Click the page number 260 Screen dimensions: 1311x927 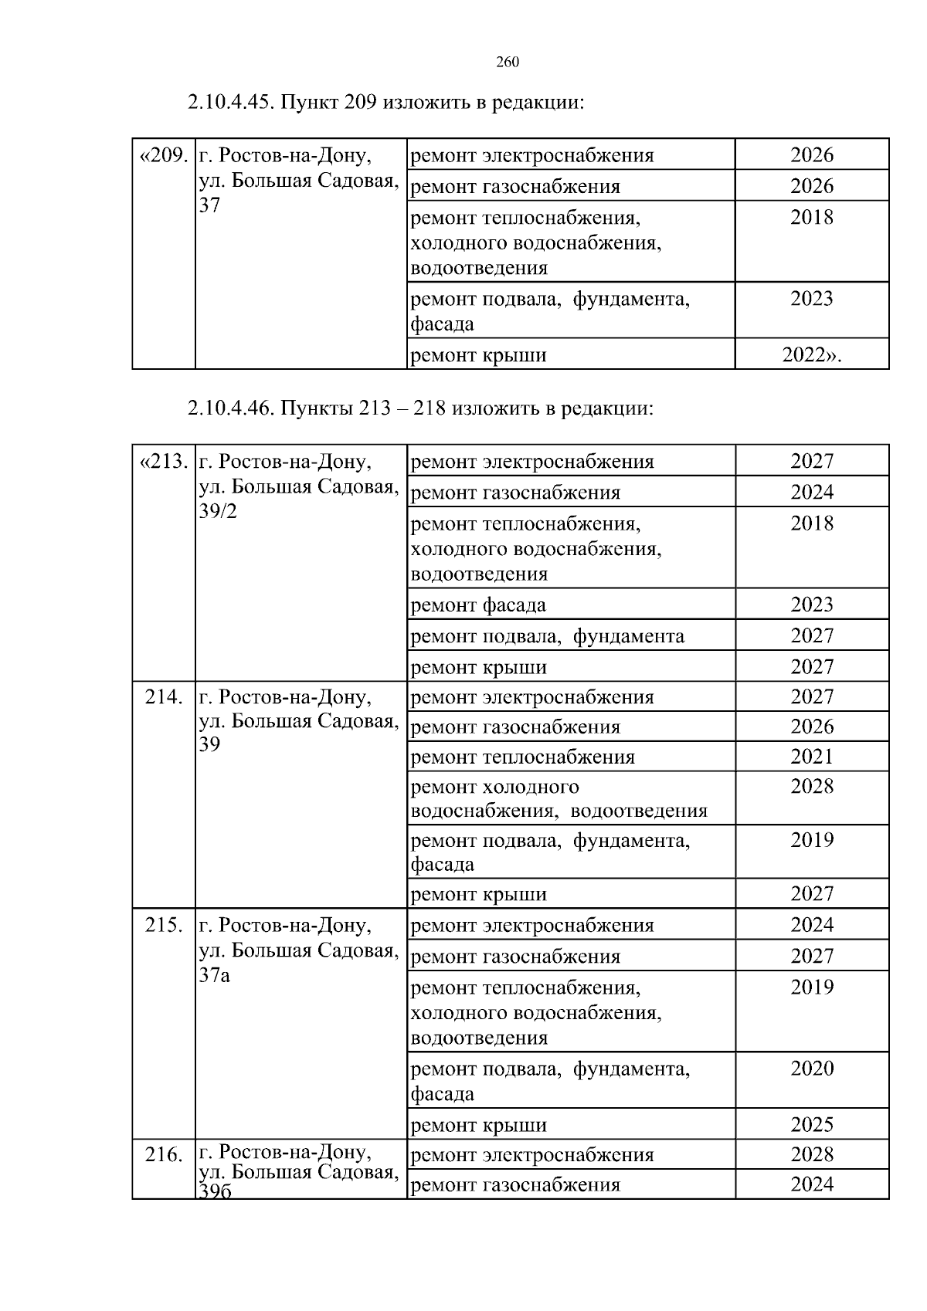[x=507, y=63]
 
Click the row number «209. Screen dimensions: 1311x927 [x=163, y=156]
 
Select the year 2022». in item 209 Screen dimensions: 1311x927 [x=811, y=355]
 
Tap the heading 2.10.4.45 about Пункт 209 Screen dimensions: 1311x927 [x=385, y=102]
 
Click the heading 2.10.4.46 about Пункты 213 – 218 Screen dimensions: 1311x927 [x=420, y=408]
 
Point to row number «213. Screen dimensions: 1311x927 [x=163, y=462]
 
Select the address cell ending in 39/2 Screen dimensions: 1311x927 [x=299, y=486]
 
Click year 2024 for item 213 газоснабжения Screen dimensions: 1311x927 [x=812, y=492]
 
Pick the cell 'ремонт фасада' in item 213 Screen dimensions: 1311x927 [x=478, y=605]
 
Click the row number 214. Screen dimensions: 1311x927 [x=164, y=697]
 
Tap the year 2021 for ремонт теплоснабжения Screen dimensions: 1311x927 [x=812, y=757]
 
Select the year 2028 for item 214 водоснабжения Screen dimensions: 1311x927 [x=812, y=787]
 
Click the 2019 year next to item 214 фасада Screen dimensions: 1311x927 [x=812, y=840]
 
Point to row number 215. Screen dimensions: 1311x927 [x=164, y=925]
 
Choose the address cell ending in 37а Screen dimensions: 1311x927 [x=299, y=950]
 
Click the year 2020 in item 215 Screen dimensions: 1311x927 [x=812, y=1069]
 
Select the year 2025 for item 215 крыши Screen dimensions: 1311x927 [x=812, y=1124]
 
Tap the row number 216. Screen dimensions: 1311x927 [x=164, y=1155]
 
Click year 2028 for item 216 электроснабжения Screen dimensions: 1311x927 [x=812, y=1154]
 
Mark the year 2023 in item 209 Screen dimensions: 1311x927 [x=812, y=299]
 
